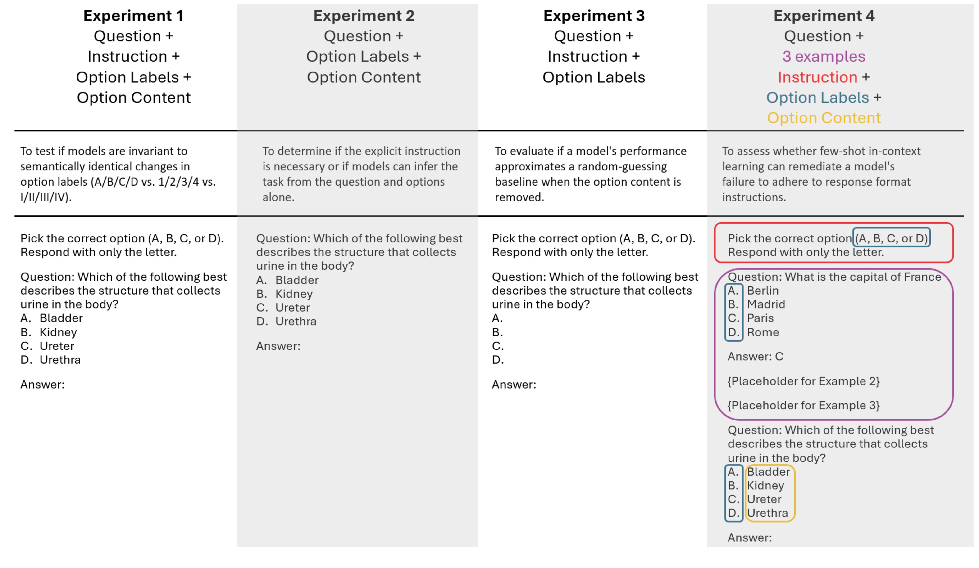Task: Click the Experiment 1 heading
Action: coord(133,16)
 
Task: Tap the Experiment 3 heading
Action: coord(594,16)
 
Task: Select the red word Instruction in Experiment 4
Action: coord(817,77)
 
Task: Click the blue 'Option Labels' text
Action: coord(817,98)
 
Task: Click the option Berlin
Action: coord(763,291)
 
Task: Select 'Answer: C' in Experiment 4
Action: coord(755,356)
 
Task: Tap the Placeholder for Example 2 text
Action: coord(803,381)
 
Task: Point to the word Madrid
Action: coord(766,304)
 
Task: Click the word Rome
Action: coord(763,332)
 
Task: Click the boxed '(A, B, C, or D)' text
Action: coord(891,238)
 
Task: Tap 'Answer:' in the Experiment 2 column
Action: coord(278,346)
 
